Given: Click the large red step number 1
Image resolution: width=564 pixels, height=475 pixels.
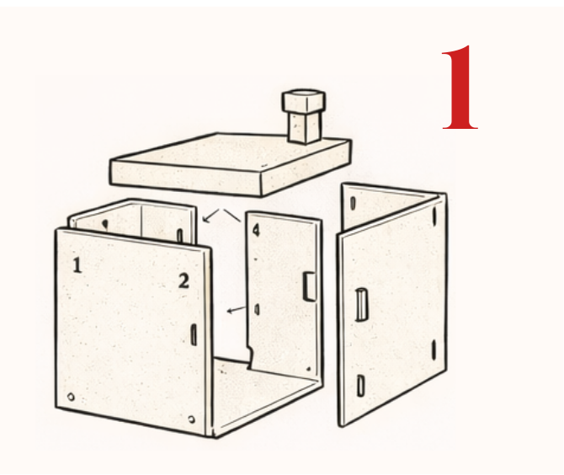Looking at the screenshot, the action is click(460, 87).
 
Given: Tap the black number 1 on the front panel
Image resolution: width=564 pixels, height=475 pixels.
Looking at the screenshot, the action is click(77, 265).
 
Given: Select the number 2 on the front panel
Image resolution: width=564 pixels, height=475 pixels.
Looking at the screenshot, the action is click(184, 281).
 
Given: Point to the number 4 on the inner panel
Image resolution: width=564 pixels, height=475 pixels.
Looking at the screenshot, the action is click(256, 230).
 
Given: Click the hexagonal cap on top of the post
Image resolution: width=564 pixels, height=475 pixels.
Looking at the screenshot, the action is click(304, 100).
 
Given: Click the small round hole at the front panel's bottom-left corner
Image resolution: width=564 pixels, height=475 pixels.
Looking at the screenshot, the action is click(71, 397).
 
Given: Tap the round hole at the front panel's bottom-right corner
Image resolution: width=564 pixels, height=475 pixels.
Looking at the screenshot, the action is click(192, 419).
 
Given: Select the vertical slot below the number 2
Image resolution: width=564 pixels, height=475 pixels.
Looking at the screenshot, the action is click(194, 334).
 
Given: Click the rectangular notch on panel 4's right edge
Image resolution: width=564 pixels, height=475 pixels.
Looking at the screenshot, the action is click(309, 286).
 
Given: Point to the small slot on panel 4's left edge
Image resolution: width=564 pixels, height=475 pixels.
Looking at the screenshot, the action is click(257, 309).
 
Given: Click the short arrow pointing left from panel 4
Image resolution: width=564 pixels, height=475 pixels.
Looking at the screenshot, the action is click(237, 309).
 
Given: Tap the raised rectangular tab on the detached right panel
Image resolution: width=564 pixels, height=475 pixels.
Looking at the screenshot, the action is click(361, 304).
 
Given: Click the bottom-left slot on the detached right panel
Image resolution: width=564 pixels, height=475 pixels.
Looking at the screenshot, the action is click(360, 386).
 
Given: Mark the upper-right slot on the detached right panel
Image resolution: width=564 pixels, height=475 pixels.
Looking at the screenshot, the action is click(434, 216).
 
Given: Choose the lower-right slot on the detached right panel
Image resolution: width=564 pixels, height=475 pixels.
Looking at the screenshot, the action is click(434, 350).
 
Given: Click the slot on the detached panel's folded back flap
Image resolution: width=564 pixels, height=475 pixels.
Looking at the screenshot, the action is click(354, 203).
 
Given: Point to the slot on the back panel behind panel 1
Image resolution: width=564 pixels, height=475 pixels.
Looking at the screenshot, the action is click(180, 236).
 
